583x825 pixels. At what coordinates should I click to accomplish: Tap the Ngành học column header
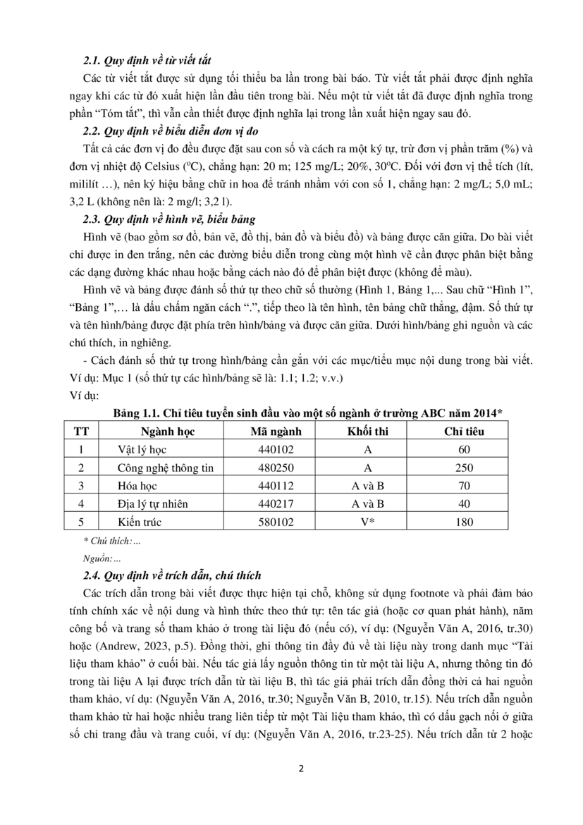click(x=167, y=431)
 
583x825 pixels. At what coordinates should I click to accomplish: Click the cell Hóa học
click(x=137, y=485)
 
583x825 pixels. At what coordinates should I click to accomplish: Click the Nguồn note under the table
click(x=101, y=558)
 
